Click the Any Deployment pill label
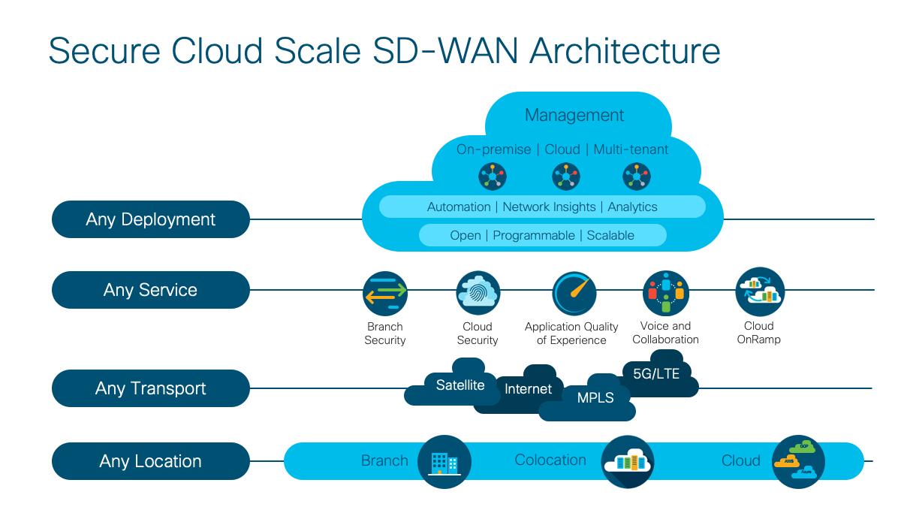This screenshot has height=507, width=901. [150, 219]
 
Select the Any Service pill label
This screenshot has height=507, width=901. [150, 290]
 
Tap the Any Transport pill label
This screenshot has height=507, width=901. [150, 388]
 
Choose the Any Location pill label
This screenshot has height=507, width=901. [150, 461]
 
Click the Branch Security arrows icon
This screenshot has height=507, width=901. [384, 294]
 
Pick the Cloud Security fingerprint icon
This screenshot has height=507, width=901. [478, 294]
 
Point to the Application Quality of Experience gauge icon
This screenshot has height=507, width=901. [574, 294]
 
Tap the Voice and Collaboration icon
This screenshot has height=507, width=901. [665, 294]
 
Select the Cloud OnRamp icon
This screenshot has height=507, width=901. [759, 292]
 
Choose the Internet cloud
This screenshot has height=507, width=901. [528, 389]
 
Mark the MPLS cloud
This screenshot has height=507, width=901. [595, 398]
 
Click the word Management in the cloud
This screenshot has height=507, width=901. [574, 115]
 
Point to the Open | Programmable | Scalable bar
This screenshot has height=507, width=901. [542, 235]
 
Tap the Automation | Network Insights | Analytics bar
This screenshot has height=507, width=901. [542, 207]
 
